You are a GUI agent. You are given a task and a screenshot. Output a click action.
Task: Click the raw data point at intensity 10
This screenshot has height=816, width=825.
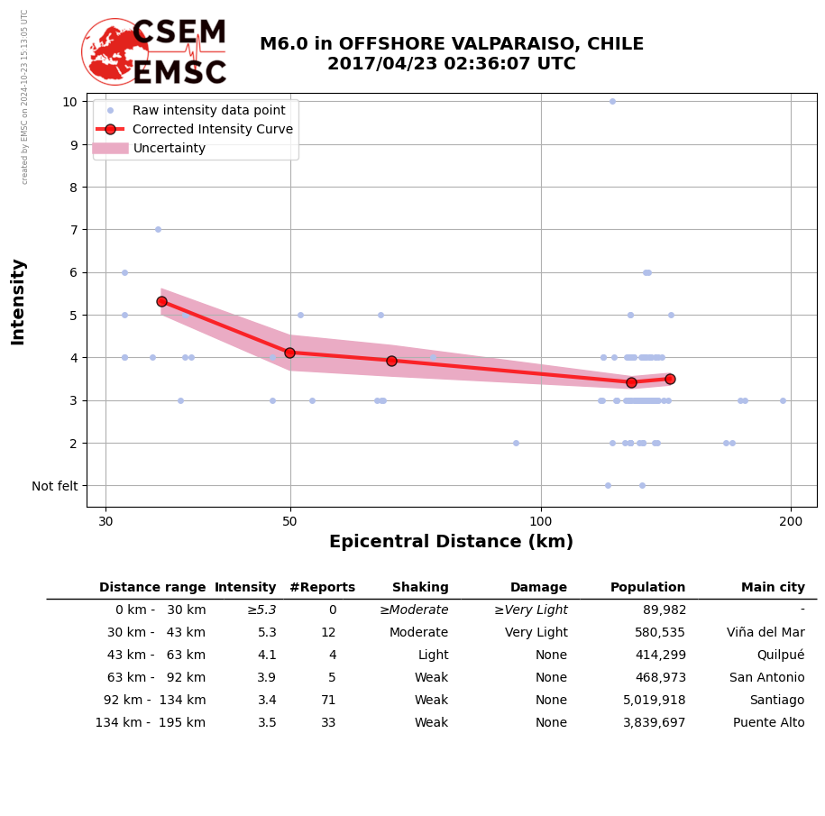(x=612, y=101)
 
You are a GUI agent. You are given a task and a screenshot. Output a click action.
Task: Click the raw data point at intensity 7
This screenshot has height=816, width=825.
(x=158, y=229)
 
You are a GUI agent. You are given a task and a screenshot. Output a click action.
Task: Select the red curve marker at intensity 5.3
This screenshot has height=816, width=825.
(x=161, y=301)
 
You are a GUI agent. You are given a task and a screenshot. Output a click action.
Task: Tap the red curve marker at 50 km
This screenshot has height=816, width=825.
(x=289, y=353)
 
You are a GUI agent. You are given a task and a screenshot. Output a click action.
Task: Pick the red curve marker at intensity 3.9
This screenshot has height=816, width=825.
(x=391, y=361)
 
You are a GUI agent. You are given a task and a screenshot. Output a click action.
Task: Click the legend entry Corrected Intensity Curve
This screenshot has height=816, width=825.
(x=212, y=129)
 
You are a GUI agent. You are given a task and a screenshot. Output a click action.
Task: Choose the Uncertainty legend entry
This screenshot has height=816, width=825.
(x=169, y=148)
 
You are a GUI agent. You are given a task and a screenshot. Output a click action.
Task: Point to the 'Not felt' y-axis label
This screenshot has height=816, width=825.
(x=55, y=486)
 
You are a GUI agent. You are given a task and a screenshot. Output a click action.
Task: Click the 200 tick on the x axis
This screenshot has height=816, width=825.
(x=791, y=521)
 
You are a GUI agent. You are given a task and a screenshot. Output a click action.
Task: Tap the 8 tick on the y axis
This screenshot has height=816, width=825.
(x=69, y=187)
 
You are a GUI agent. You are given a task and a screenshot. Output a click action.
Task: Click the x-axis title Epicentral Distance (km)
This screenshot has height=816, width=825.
(x=451, y=542)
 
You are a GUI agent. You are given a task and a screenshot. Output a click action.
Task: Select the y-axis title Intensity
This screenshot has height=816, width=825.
(x=18, y=301)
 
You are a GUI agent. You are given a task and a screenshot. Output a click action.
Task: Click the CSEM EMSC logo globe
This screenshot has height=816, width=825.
(x=115, y=52)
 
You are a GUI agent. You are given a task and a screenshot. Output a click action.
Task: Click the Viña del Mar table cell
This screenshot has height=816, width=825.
(x=765, y=633)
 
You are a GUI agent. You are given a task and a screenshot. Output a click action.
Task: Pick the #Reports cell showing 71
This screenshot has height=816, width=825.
(x=328, y=701)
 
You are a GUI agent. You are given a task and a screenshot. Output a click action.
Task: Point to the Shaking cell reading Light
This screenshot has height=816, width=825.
(x=433, y=656)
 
